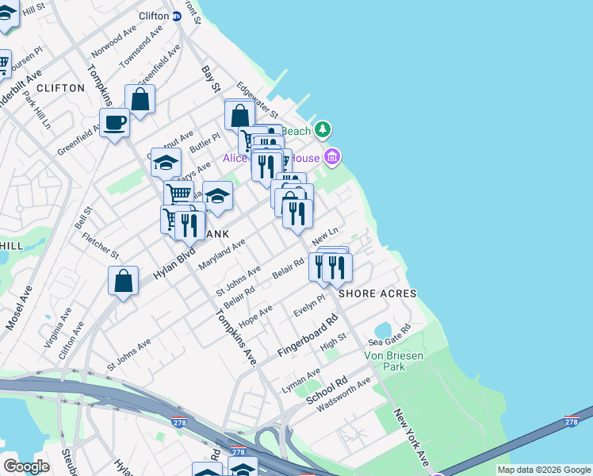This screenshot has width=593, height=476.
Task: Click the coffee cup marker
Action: pyautogui.click(x=115, y=123)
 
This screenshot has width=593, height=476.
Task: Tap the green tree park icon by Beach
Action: pyautogui.click(x=322, y=129)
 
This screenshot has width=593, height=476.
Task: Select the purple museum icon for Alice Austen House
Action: pyautogui.click(x=332, y=158)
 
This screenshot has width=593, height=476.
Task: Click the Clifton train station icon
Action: pyautogui.click(x=177, y=16)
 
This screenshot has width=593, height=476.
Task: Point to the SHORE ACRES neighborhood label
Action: pyautogui.click(x=377, y=294)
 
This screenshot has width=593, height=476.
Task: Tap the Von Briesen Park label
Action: pyautogui.click(x=394, y=362)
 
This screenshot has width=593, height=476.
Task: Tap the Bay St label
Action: pyautogui.click(x=210, y=79)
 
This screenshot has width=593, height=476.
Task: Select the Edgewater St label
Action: pyautogui.click(x=256, y=100)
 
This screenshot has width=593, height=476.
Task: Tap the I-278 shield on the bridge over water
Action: pyautogui.click(x=572, y=420)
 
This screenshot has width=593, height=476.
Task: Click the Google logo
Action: pyautogui.click(x=26, y=466)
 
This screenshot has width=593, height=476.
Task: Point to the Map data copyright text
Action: pyautogui.click(x=543, y=470)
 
